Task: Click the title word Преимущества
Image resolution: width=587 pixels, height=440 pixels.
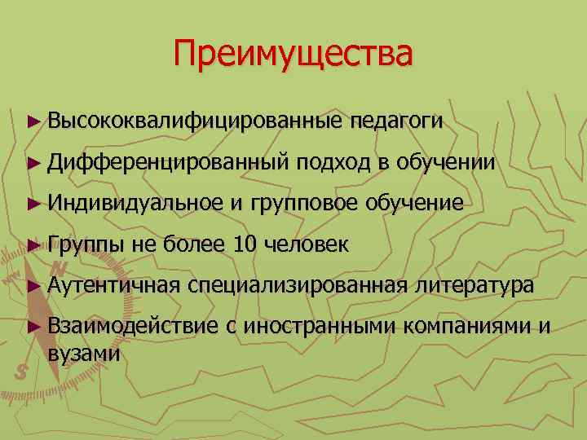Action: [x=293, y=55]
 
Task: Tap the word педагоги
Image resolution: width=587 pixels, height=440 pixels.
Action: [x=397, y=121]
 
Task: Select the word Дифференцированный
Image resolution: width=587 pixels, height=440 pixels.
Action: [x=169, y=162]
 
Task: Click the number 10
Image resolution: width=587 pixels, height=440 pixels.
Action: [x=245, y=244]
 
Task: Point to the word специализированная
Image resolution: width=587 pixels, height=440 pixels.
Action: [x=297, y=284]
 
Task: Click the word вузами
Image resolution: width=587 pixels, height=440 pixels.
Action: [x=84, y=354]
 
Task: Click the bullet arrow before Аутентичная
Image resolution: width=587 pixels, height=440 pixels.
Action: [x=33, y=285]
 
